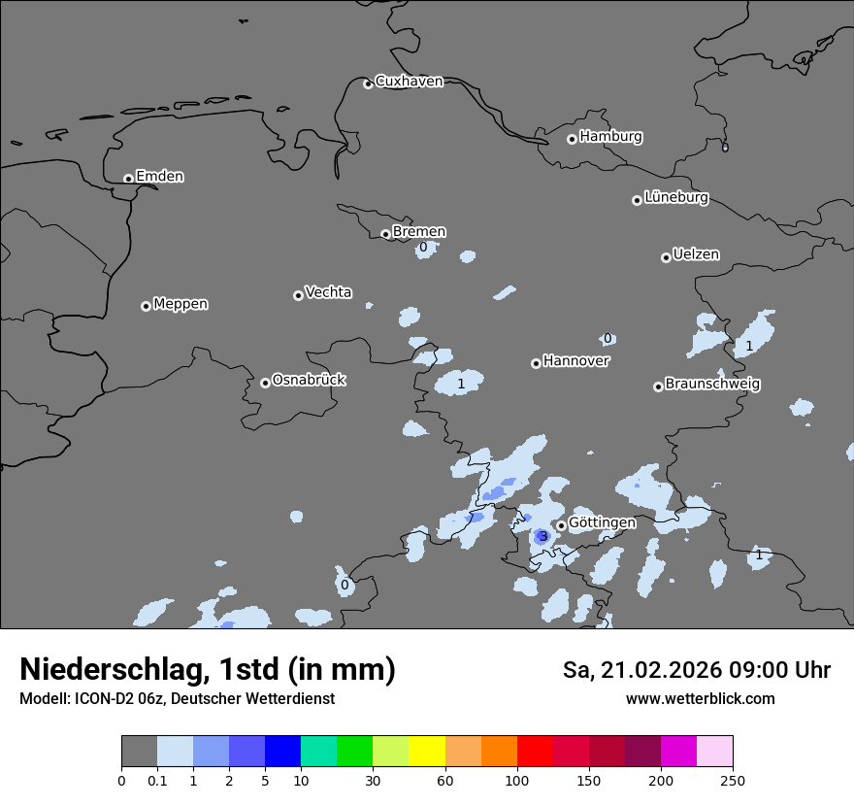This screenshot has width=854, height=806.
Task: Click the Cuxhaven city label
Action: click(409, 82)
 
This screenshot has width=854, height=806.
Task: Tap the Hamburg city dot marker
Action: click(572, 139)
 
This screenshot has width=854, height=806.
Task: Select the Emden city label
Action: click(159, 177)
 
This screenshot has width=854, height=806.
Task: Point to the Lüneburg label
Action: click(676, 198)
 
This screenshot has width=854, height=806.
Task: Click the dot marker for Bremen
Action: click(385, 234)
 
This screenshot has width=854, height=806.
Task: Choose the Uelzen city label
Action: click(696, 255)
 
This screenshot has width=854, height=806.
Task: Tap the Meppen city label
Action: click(181, 304)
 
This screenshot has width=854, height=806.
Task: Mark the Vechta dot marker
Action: click(298, 295)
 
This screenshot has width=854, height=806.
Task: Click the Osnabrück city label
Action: click(309, 381)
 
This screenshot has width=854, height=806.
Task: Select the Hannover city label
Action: click(576, 361)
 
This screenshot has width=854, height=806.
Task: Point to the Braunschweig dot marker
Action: click(658, 386)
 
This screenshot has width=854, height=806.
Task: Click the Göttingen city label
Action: click(602, 522)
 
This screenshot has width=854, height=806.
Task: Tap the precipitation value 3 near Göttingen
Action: click(543, 536)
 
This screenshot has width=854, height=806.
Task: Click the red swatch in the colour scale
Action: click(535, 752)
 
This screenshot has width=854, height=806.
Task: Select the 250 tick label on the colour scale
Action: click(732, 780)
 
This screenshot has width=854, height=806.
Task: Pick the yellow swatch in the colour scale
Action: click(427, 752)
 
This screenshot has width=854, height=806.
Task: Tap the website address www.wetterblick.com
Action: click(700, 698)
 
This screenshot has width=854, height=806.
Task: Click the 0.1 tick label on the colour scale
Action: click(156, 780)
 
